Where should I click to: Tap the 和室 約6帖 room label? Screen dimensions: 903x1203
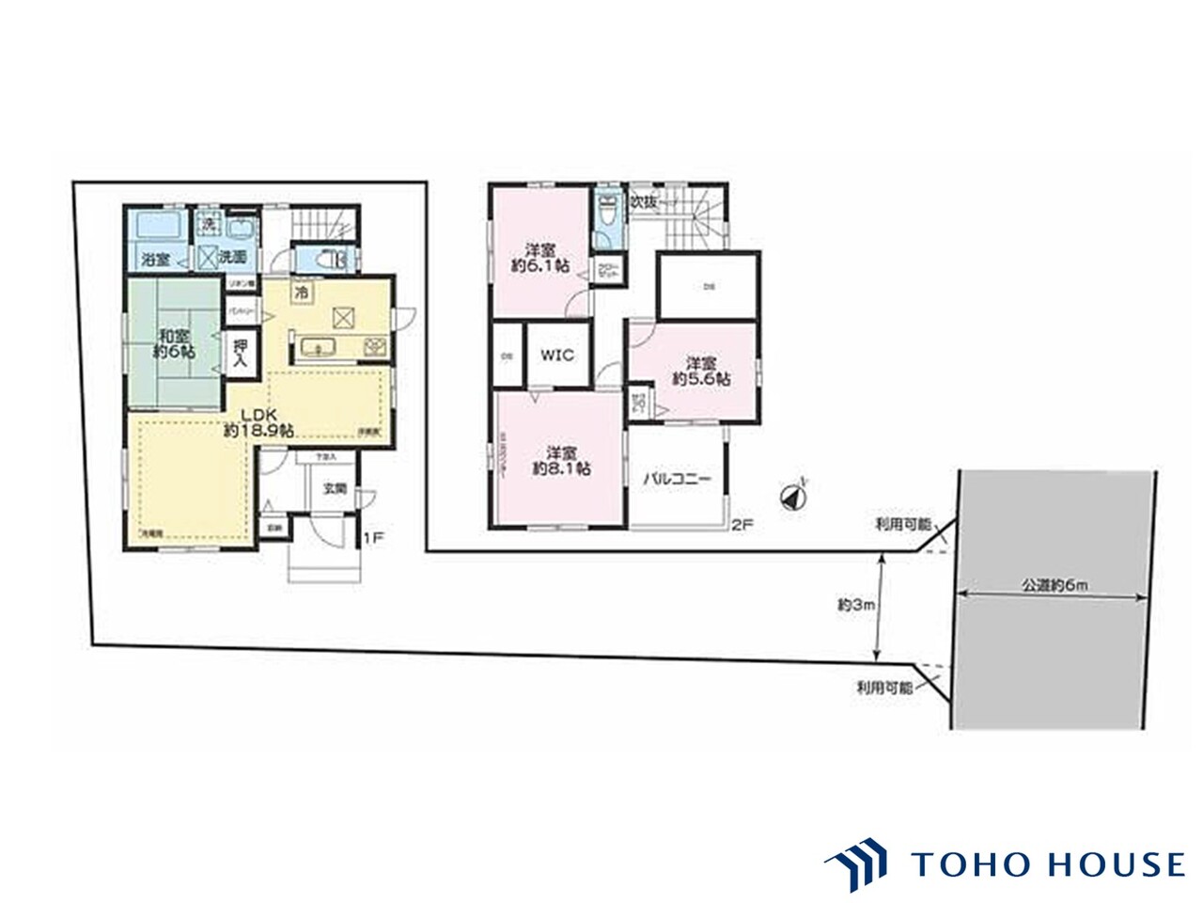pos(175,342)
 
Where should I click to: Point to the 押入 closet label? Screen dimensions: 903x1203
pos(240,353)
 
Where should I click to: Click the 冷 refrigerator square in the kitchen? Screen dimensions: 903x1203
pos(302,293)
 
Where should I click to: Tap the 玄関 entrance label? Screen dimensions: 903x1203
pos(335,488)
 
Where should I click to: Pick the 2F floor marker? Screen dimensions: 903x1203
pos(742,527)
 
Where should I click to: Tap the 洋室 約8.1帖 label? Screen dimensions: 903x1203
pos(561,458)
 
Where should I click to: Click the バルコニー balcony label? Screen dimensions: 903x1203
pos(677,479)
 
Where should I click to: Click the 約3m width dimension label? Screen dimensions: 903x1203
pos(856,607)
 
